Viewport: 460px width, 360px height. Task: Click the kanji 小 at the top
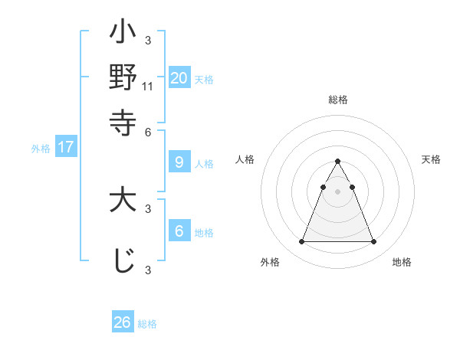point(123,34)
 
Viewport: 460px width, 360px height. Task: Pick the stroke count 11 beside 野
point(148,87)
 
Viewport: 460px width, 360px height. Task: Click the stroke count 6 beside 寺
point(148,131)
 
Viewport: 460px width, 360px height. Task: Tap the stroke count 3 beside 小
point(148,40)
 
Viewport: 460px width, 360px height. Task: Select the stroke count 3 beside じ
point(148,270)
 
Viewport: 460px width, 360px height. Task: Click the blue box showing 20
point(179,77)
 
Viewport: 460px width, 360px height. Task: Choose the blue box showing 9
point(179,162)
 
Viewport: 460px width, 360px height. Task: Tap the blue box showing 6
point(179,231)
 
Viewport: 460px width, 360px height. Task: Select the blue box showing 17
point(66,147)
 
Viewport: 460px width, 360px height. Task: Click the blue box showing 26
point(123,322)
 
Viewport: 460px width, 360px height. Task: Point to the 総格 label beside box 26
point(148,324)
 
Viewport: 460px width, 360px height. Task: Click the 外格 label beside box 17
point(41,149)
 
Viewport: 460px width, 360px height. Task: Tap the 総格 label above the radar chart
point(337,100)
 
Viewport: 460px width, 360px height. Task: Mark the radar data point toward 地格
point(373,242)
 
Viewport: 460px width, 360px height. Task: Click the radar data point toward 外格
point(301,242)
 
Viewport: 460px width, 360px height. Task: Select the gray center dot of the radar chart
point(337,191)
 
